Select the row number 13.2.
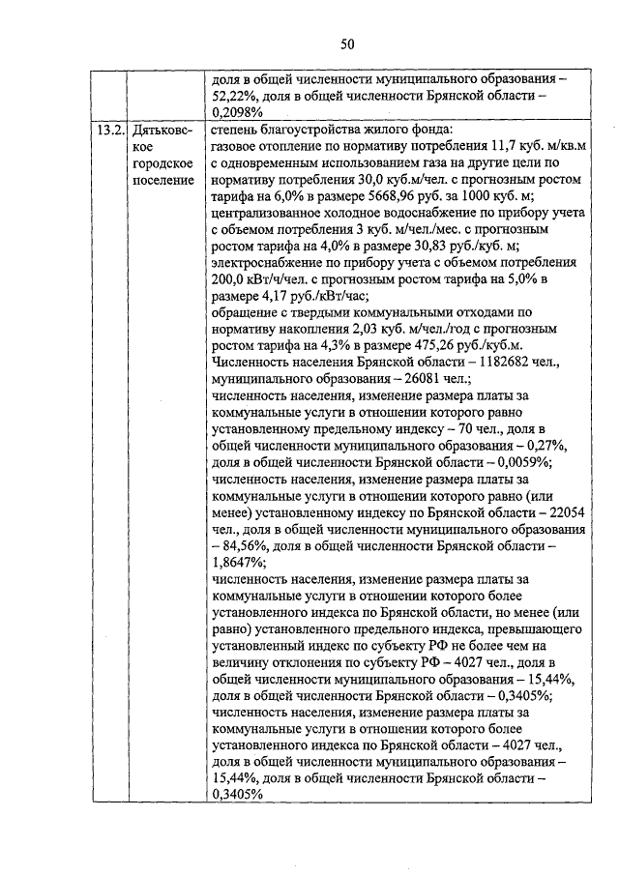[x=108, y=130]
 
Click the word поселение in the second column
[x=162, y=182]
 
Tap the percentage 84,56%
[x=246, y=546]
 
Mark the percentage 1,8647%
[x=237, y=564]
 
